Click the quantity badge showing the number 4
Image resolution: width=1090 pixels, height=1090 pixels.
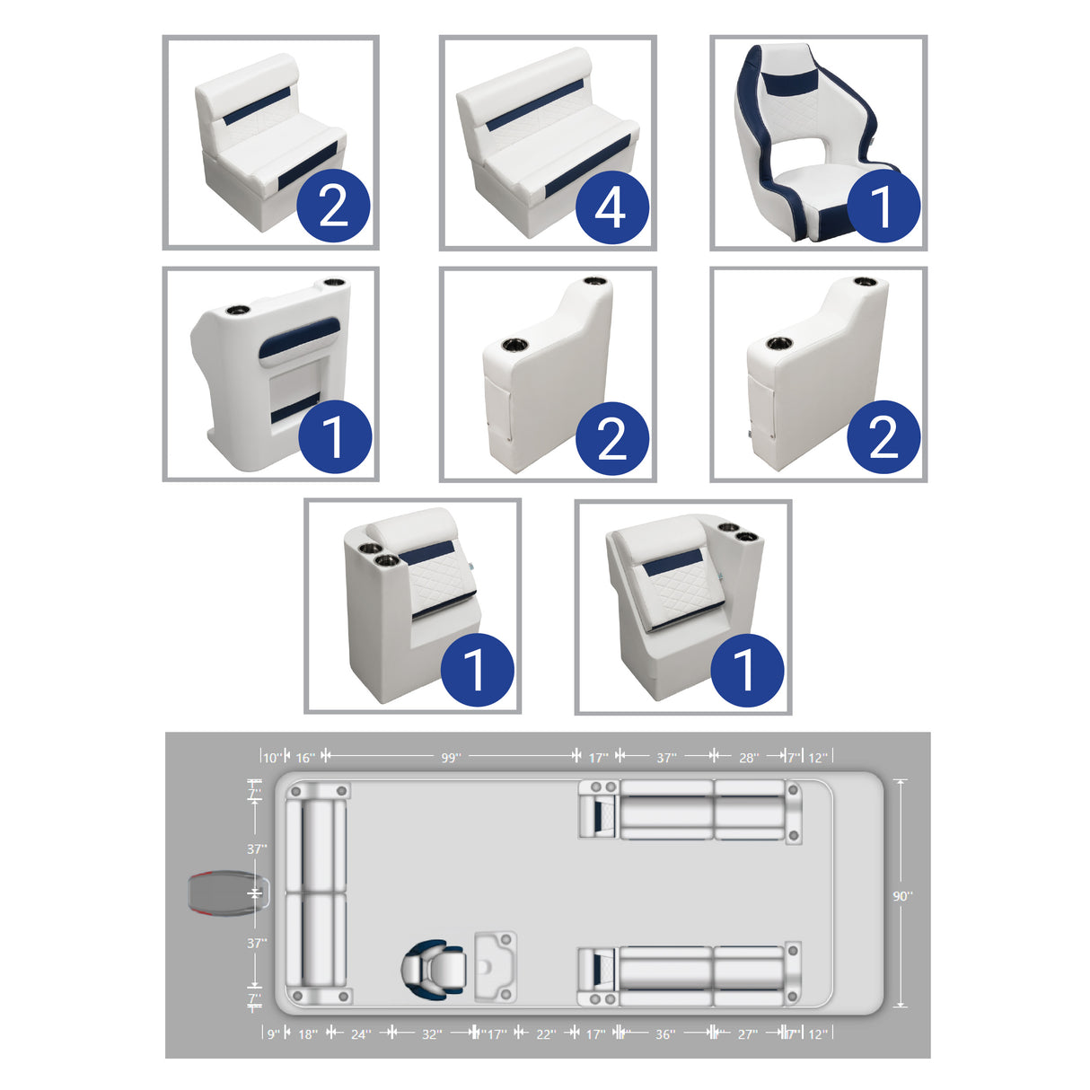(611, 207)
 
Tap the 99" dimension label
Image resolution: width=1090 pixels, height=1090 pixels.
(451, 758)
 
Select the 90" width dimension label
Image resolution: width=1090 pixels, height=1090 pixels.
(902, 895)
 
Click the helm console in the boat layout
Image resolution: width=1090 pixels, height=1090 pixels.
(495, 966)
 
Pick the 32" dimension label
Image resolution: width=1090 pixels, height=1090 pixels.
(432, 1034)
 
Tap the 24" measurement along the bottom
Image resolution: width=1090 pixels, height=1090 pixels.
(360, 1034)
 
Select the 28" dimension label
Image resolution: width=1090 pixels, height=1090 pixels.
(749, 758)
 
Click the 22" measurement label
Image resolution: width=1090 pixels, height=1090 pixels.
(546, 1034)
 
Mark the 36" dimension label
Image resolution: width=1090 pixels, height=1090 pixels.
(664, 1034)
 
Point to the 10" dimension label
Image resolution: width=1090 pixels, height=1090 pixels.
(272, 758)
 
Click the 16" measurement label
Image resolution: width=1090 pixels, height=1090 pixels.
(305, 758)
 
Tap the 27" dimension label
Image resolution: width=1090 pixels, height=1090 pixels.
(747, 1034)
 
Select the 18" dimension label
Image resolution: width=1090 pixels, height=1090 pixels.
(307, 1034)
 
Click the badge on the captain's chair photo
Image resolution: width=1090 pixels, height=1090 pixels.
(883, 206)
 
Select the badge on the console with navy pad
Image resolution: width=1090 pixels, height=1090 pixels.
(334, 436)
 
